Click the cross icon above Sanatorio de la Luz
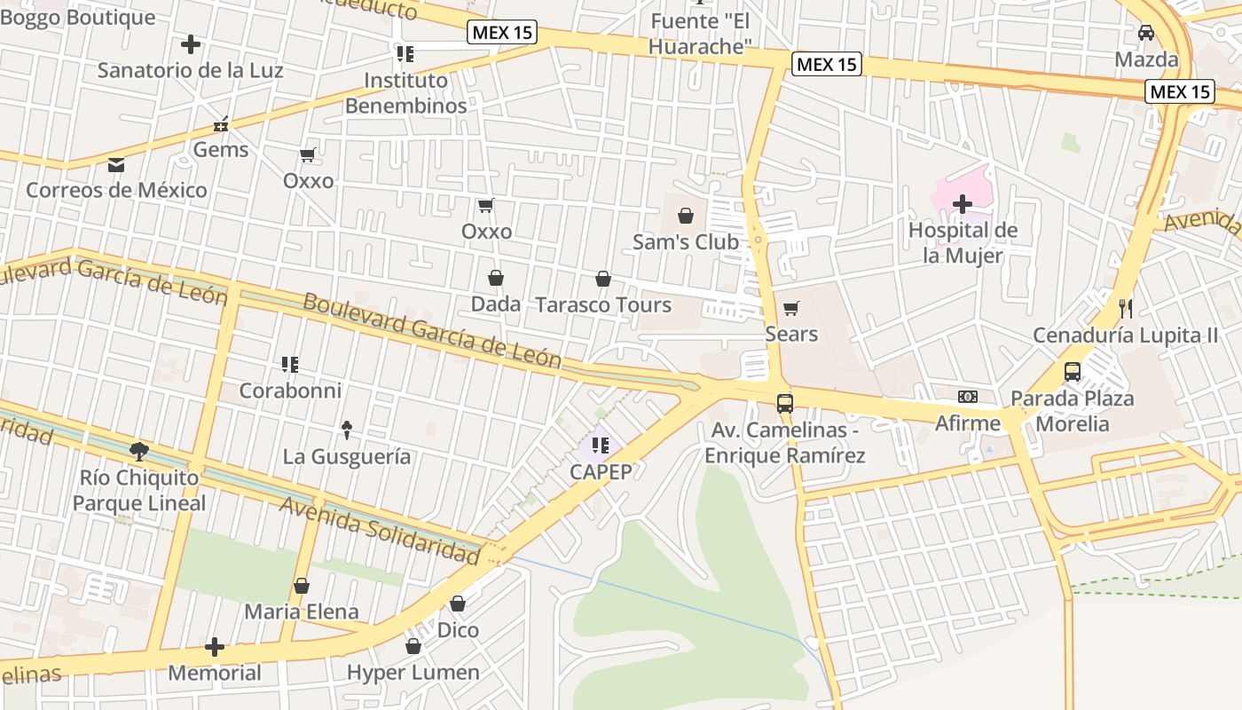(x=190, y=44)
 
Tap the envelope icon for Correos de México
(x=116, y=165)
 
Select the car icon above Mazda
(x=1146, y=33)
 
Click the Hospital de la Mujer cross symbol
(x=963, y=205)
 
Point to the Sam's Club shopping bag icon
(x=686, y=216)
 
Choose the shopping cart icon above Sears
(x=790, y=309)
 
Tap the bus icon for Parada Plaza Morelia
(x=1072, y=372)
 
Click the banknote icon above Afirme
(x=967, y=397)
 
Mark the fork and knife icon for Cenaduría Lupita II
(x=1126, y=309)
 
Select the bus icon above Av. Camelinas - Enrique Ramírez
(x=785, y=404)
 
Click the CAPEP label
(x=601, y=471)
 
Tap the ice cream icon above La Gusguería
(x=347, y=430)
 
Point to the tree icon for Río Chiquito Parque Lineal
(x=139, y=452)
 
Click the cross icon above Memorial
(x=215, y=647)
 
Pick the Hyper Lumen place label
(x=413, y=673)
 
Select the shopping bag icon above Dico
(x=458, y=604)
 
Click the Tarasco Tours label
(x=603, y=305)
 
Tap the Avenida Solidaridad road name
(x=380, y=530)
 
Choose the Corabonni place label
(x=290, y=390)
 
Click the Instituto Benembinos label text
(x=405, y=93)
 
